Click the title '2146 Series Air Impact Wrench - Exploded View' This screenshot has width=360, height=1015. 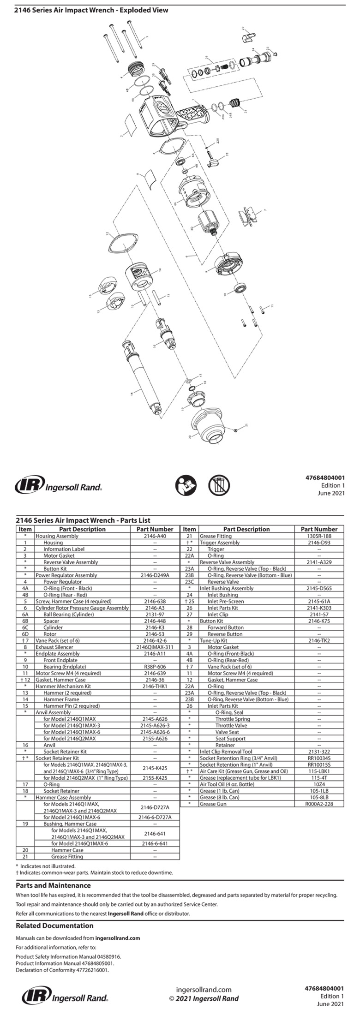(x=91, y=10)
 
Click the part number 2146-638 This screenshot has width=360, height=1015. (x=155, y=601)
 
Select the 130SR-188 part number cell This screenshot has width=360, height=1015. (x=319, y=536)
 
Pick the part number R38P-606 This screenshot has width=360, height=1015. (x=155, y=667)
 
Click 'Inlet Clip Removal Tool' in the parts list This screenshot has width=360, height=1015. (x=226, y=752)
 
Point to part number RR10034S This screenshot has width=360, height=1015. (x=319, y=758)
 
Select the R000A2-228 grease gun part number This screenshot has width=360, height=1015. (x=319, y=804)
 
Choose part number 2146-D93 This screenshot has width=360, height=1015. (x=319, y=543)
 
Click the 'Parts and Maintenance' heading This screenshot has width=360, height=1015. (x=53, y=885)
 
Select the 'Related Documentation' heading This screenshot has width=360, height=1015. (x=54, y=925)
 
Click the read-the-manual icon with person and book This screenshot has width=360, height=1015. (x=186, y=485)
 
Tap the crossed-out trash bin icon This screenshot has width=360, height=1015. (x=219, y=485)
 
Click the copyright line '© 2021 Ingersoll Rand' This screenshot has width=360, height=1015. (x=204, y=998)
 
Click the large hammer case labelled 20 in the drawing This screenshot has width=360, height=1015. (x=209, y=425)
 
